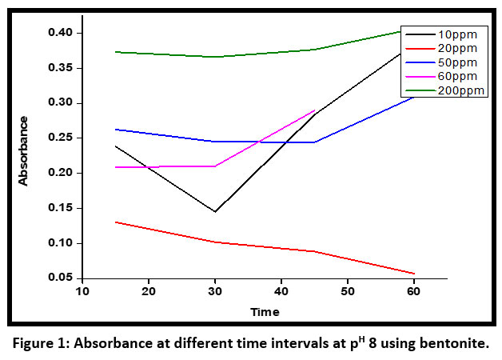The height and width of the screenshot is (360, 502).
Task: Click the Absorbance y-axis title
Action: click(x=23, y=151)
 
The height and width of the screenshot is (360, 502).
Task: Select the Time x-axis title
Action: click(x=265, y=311)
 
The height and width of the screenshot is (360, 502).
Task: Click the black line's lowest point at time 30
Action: click(x=215, y=212)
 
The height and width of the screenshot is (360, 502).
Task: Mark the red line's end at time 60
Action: click(x=414, y=274)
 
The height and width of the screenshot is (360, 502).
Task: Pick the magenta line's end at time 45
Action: click(x=315, y=110)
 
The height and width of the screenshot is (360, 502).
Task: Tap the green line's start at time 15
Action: click(x=116, y=52)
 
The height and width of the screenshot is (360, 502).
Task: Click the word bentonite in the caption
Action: click(x=451, y=344)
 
